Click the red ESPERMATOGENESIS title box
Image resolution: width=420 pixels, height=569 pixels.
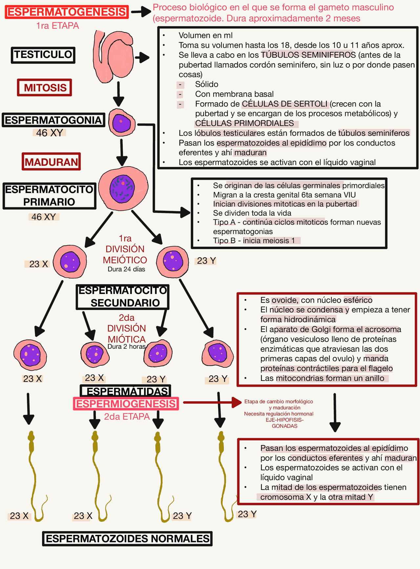pos(67,12)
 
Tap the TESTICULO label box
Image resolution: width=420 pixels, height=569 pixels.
pos(43,55)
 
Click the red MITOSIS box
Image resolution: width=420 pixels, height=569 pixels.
pos(45,88)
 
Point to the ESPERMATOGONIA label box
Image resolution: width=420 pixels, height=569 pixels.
pos(53,120)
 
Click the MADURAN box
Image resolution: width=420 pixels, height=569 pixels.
pos(51,162)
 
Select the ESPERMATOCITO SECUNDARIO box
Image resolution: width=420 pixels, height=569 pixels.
pos(123,297)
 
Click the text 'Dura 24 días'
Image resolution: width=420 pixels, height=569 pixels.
pos(126,269)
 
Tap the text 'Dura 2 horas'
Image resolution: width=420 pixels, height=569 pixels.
pos(126,346)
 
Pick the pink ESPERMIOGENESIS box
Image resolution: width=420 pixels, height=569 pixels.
pos(126,404)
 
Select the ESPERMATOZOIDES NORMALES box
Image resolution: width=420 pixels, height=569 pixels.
pos(127,539)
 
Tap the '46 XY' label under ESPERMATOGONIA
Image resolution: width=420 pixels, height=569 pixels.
pos(49,133)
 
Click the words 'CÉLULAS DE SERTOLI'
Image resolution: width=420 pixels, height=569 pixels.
pos(284,104)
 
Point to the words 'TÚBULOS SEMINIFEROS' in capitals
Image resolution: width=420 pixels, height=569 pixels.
pos(308,55)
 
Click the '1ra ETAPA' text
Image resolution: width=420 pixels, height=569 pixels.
pos(58,26)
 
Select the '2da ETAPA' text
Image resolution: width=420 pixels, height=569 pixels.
pos(127,417)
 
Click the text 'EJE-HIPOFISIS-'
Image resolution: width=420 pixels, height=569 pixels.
pos(284,420)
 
